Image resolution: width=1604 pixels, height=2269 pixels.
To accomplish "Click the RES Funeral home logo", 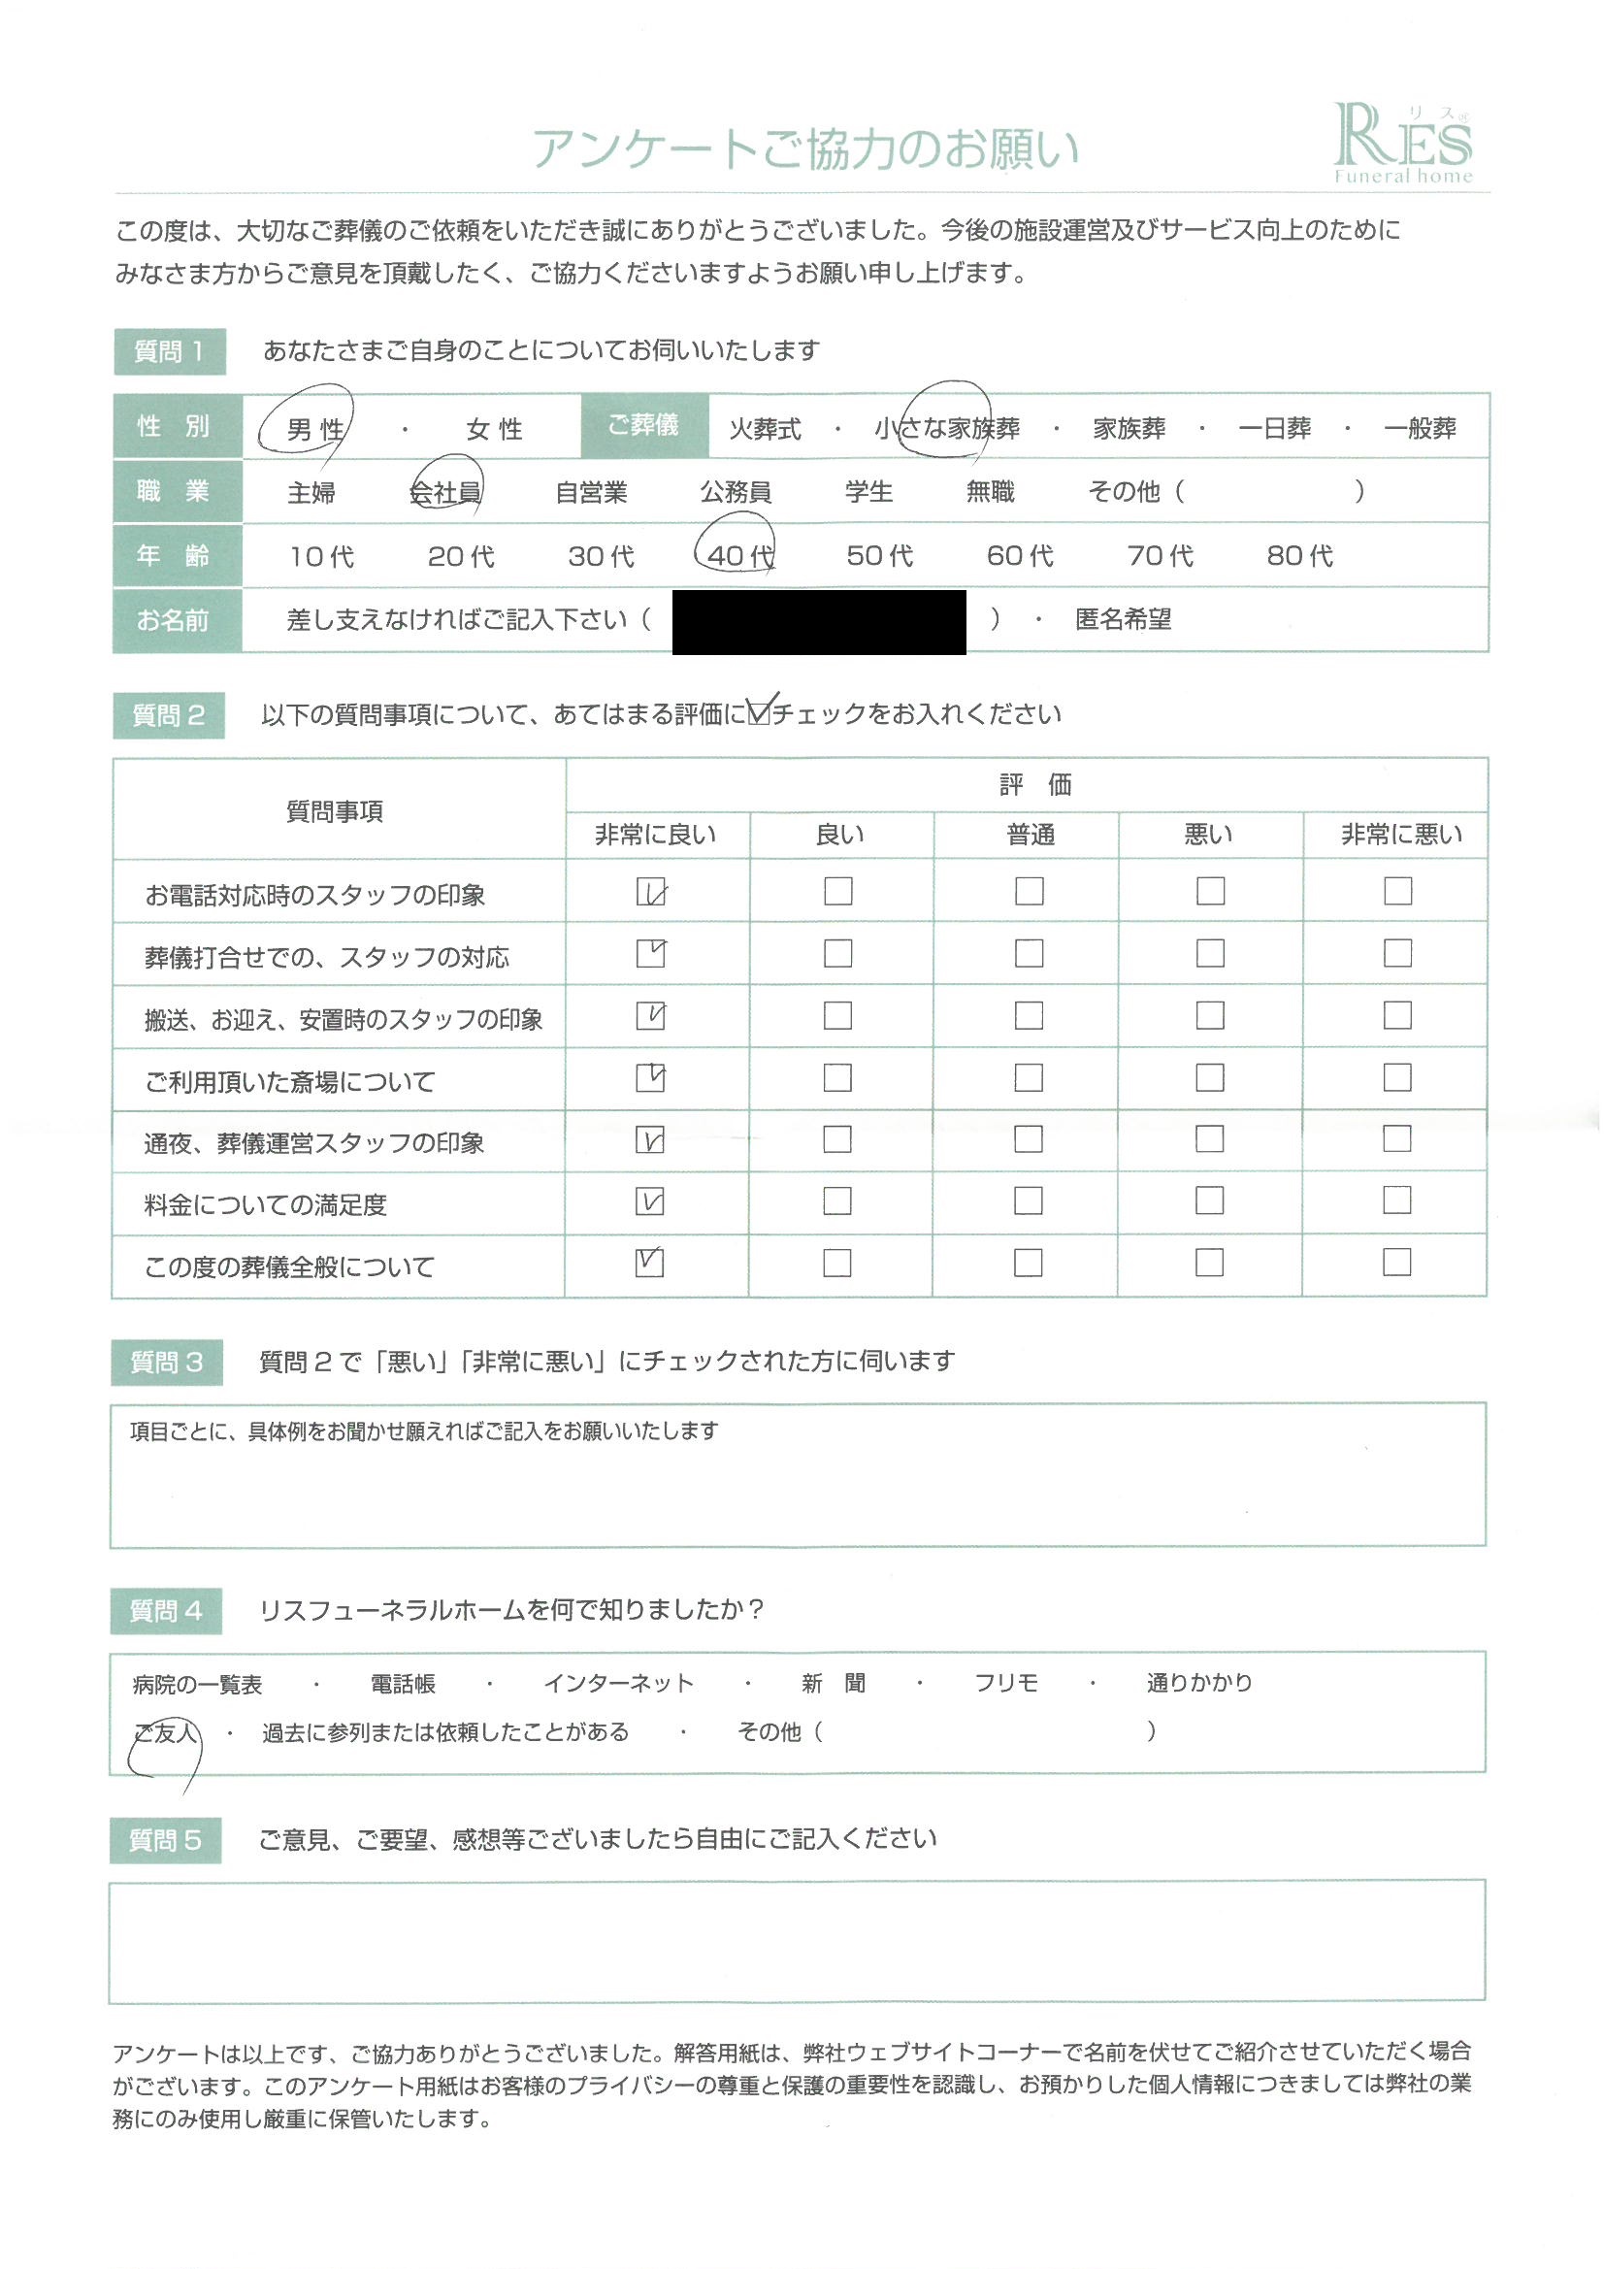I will click(1402, 145).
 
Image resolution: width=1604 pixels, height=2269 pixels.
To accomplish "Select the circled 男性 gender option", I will click(314, 429).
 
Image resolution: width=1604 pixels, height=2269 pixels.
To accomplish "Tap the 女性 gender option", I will click(494, 429).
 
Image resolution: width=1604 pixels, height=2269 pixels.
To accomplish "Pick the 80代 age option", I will click(1299, 556).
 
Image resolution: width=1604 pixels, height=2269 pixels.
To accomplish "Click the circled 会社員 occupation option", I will click(445, 492).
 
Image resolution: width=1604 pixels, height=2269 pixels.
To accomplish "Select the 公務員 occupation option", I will click(736, 492).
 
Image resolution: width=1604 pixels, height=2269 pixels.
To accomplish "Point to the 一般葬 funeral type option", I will click(1421, 429).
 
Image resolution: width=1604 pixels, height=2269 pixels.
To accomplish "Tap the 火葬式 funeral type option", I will click(765, 429).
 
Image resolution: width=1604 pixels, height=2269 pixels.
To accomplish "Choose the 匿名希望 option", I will click(1123, 620).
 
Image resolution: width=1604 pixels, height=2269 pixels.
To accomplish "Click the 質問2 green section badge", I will click(169, 715).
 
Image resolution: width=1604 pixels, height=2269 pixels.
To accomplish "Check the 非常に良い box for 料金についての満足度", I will click(650, 1201).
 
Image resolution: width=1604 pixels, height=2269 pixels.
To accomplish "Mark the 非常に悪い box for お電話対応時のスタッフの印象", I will click(1397, 891).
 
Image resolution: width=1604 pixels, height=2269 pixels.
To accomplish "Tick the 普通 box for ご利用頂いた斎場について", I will click(1029, 1077).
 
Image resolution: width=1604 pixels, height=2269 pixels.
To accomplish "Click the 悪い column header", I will click(1209, 835).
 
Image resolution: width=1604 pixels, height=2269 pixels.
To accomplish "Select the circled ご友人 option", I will click(166, 1732).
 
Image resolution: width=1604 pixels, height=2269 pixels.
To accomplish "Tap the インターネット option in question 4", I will click(619, 1684).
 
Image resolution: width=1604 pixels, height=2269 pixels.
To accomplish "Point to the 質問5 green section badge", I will click(165, 1840).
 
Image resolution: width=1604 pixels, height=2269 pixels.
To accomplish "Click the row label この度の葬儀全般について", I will click(289, 1266).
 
